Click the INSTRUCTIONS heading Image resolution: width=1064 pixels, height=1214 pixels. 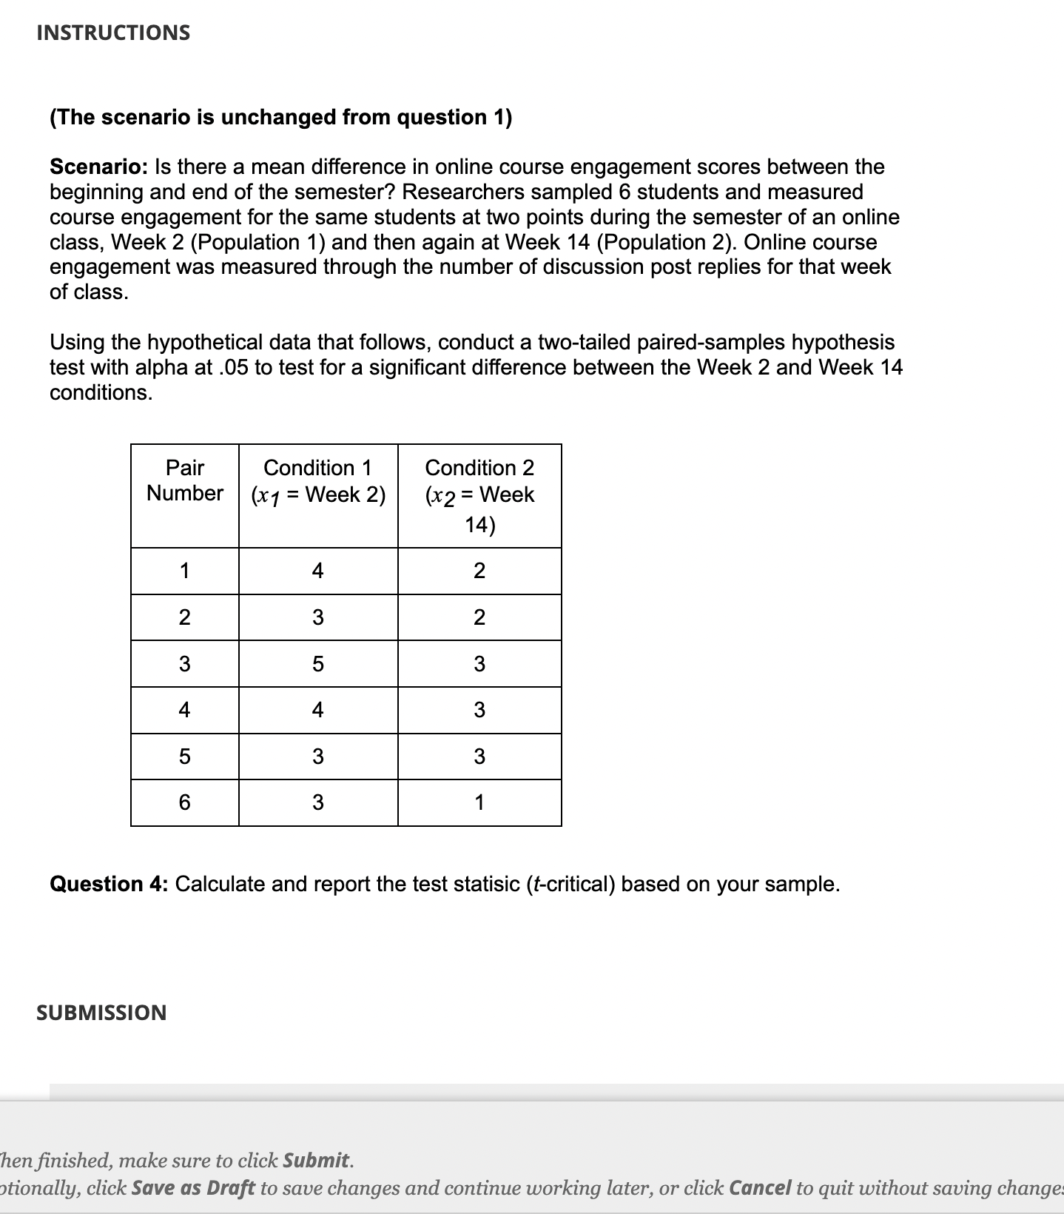(x=113, y=33)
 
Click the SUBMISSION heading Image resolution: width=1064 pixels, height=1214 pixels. (x=101, y=1013)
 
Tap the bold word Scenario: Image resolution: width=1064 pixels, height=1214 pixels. (x=98, y=167)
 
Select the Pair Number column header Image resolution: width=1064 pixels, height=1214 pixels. (x=185, y=480)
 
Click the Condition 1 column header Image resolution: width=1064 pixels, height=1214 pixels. (x=318, y=481)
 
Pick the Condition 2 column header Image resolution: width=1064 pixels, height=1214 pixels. (x=479, y=494)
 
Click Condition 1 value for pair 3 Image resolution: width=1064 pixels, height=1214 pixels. (x=318, y=664)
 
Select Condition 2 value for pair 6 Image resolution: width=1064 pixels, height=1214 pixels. (x=479, y=802)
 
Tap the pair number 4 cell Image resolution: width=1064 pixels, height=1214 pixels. (x=185, y=710)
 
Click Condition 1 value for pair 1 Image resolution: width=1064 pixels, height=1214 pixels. (x=318, y=571)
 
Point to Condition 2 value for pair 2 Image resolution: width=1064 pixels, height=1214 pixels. (x=479, y=617)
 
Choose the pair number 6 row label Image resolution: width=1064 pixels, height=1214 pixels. (x=185, y=802)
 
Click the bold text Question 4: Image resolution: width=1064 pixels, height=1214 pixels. (x=109, y=884)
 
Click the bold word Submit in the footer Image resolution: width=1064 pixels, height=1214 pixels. (x=316, y=1160)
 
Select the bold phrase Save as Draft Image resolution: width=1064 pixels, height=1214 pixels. (x=193, y=1188)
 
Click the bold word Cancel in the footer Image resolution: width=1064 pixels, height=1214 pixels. (x=760, y=1188)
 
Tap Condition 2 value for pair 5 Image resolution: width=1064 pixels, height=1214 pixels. (x=479, y=757)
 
